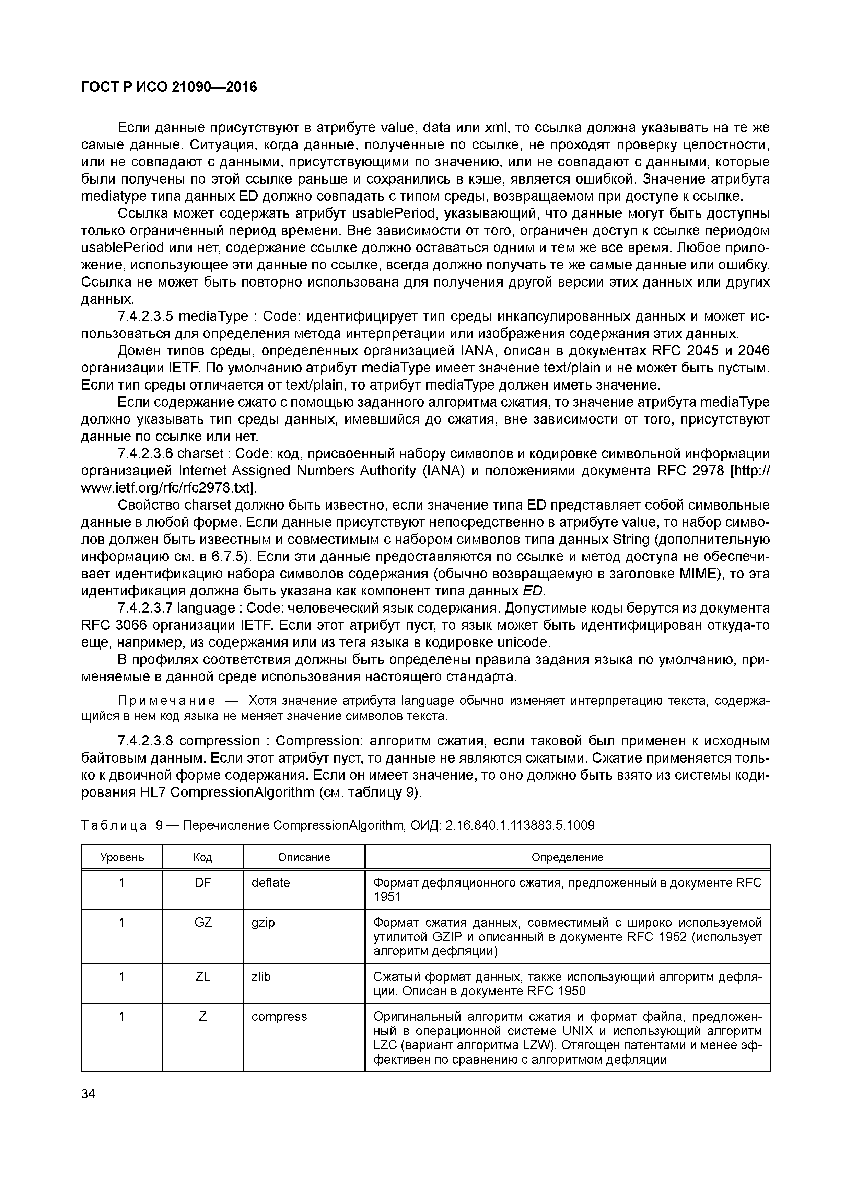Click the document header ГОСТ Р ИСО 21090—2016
(169, 86)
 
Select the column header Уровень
(122, 857)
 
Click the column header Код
(202, 857)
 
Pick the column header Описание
(304, 857)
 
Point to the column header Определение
(567, 857)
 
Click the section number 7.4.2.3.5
(145, 317)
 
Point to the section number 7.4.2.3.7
(145, 608)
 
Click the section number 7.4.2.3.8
(145, 741)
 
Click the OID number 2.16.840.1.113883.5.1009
(520, 826)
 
